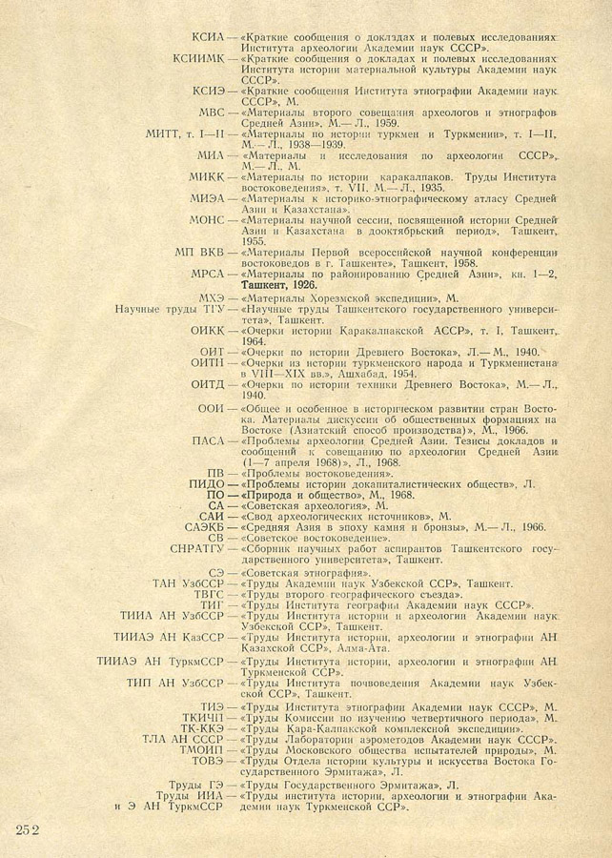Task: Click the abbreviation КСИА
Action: (208, 36)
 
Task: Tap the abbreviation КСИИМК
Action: (198, 59)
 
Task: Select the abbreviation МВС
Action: (208, 112)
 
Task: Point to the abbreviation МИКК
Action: (207, 178)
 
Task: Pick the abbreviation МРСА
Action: (207, 274)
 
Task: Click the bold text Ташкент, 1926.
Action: (280, 284)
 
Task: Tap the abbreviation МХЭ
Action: (211, 298)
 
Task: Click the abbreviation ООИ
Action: (211, 408)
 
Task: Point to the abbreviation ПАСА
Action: (208, 440)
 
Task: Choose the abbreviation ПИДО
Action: (208, 484)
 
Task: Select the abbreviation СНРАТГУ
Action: (196, 549)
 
